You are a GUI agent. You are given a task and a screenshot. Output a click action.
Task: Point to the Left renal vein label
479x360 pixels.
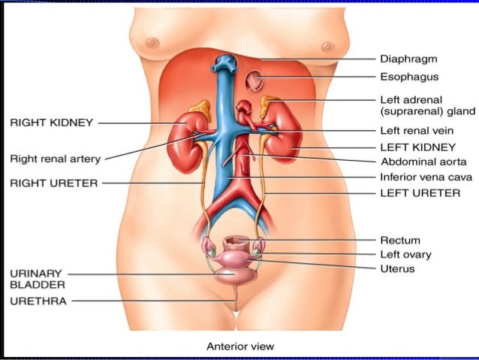click(x=416, y=131)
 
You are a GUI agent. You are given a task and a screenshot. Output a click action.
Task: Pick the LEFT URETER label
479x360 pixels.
click(x=418, y=192)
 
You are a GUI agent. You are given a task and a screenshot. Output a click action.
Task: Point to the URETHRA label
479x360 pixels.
click(x=38, y=301)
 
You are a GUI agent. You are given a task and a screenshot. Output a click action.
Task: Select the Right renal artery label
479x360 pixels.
click(x=54, y=159)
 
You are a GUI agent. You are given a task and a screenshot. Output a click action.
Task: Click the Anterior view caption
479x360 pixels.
click(x=240, y=346)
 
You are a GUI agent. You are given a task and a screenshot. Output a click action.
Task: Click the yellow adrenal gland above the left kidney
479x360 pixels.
click(x=268, y=106)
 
